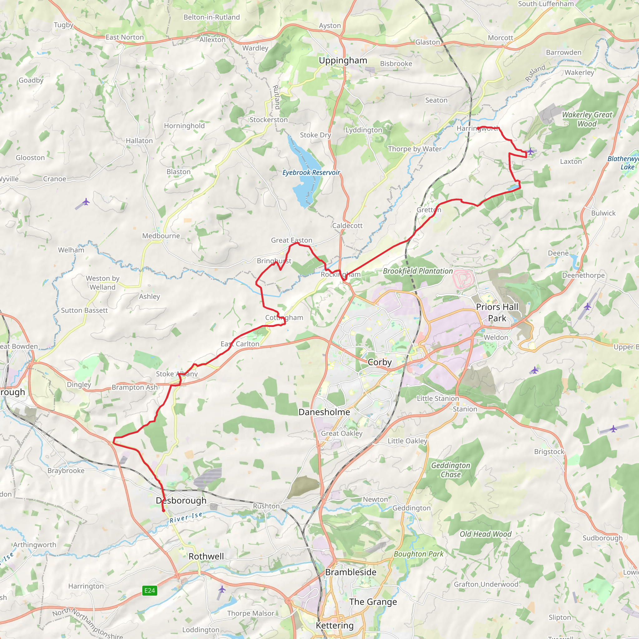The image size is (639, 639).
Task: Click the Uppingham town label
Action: click(x=343, y=61)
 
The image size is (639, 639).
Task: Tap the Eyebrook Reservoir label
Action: click(x=311, y=172)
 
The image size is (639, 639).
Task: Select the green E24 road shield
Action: click(x=149, y=590)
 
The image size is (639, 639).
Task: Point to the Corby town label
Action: click(x=380, y=362)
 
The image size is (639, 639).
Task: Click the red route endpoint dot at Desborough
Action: click(x=163, y=510)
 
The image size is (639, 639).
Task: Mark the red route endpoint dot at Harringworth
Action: click(x=479, y=128)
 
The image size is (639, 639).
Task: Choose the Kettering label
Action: click(x=335, y=626)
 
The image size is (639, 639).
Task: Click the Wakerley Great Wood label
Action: click(x=587, y=119)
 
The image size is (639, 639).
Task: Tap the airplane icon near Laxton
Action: click(x=530, y=151)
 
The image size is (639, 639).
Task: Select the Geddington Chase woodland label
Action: click(x=451, y=470)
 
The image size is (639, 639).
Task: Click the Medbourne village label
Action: click(x=161, y=236)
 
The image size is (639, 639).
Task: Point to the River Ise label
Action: click(x=186, y=517)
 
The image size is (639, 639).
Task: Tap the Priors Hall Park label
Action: click(x=497, y=313)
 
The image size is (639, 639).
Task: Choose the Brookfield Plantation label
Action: click(x=418, y=271)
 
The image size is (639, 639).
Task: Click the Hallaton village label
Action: click(x=139, y=141)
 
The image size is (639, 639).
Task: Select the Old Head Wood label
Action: click(x=485, y=534)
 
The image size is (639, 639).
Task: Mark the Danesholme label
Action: click(x=324, y=412)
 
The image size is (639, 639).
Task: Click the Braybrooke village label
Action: click(x=66, y=471)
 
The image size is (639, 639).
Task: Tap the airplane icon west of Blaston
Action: click(x=86, y=202)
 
